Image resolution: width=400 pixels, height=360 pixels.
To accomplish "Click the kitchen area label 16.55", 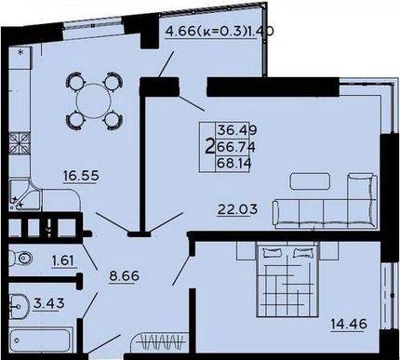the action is click(x=81, y=176).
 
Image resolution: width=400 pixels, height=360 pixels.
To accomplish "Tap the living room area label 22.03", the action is click(x=237, y=209).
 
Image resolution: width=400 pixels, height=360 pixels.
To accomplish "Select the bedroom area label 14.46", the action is click(x=349, y=325).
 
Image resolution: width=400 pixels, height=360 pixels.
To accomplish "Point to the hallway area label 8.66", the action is click(x=124, y=275).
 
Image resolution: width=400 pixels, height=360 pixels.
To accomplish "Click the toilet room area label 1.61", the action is click(x=63, y=260).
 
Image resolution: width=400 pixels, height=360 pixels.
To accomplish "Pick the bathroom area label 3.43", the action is click(x=49, y=303).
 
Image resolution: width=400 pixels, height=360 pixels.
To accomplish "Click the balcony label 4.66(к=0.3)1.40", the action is click(x=219, y=32).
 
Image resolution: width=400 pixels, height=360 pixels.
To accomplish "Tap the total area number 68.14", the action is click(x=233, y=163).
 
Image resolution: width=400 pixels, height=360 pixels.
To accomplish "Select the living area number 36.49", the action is click(x=237, y=129).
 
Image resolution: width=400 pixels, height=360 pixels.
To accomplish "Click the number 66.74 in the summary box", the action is click(x=235, y=147).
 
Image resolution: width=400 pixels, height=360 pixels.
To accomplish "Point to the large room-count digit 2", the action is click(x=210, y=146).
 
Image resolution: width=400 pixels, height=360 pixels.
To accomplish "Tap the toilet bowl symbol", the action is click(x=20, y=259).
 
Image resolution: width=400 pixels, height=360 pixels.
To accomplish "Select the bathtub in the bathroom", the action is click(x=41, y=340).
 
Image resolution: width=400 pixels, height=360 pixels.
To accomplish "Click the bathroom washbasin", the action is click(x=19, y=307).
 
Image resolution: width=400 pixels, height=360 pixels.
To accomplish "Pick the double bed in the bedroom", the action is click(x=287, y=279).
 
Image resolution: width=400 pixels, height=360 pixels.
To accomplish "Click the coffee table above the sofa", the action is click(x=310, y=181).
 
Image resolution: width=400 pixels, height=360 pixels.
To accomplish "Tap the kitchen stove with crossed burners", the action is click(x=20, y=143).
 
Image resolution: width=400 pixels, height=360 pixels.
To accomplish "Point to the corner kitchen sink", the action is click(x=25, y=194).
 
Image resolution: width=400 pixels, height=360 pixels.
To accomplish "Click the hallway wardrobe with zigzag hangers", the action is click(x=159, y=342).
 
